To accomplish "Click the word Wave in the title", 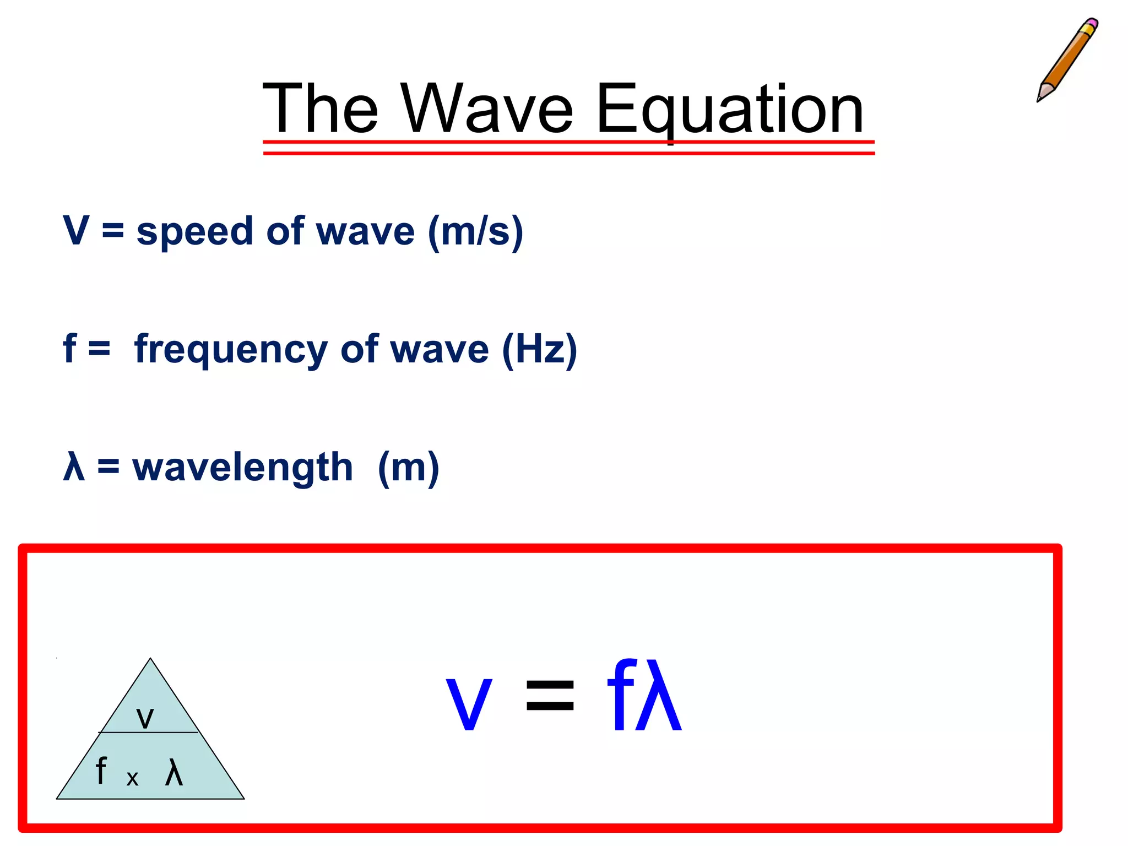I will coord(487,109).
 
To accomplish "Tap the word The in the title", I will coord(321,109).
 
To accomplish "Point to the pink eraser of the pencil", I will coord(1091,25).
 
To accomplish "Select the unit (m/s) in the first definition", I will coord(475,231).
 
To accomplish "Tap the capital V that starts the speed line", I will coord(76,230).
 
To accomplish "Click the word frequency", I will coord(231,350).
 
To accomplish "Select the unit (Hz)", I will coord(539,349).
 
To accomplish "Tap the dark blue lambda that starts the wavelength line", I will coord(74,467).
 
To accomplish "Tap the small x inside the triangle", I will coord(132,778).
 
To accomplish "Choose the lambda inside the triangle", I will coord(173,772).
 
